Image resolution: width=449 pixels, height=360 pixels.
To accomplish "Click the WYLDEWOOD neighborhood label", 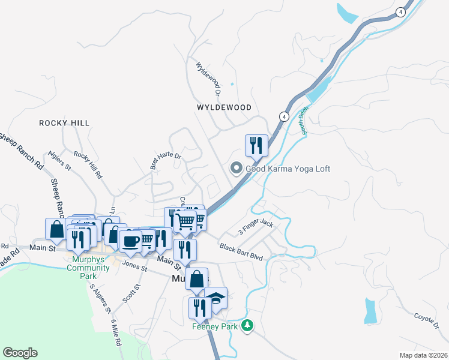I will click(224, 107).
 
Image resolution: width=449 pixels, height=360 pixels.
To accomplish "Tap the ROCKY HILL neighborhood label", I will click(64, 123).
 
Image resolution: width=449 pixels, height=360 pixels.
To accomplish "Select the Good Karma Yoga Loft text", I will click(288, 169).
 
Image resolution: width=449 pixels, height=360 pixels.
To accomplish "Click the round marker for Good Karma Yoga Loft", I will click(237, 169).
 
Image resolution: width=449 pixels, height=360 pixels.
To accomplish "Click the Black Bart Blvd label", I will click(241, 251).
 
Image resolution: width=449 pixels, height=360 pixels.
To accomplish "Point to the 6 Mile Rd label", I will click(116, 334).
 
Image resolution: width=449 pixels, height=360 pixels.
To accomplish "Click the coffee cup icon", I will click(130, 241).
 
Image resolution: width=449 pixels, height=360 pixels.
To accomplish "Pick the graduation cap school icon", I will click(215, 297).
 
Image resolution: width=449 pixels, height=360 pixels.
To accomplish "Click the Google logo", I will click(20, 353).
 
